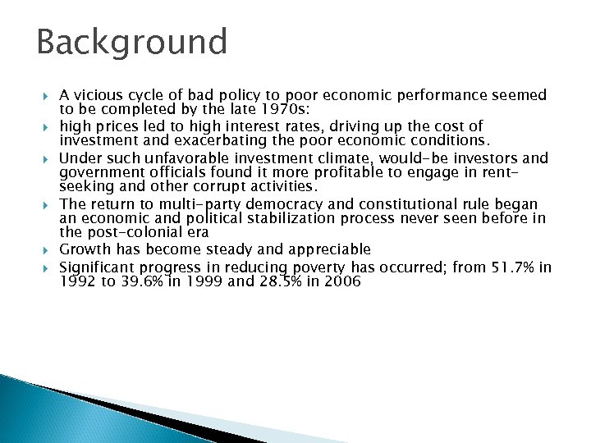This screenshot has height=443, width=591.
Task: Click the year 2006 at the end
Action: (342, 281)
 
